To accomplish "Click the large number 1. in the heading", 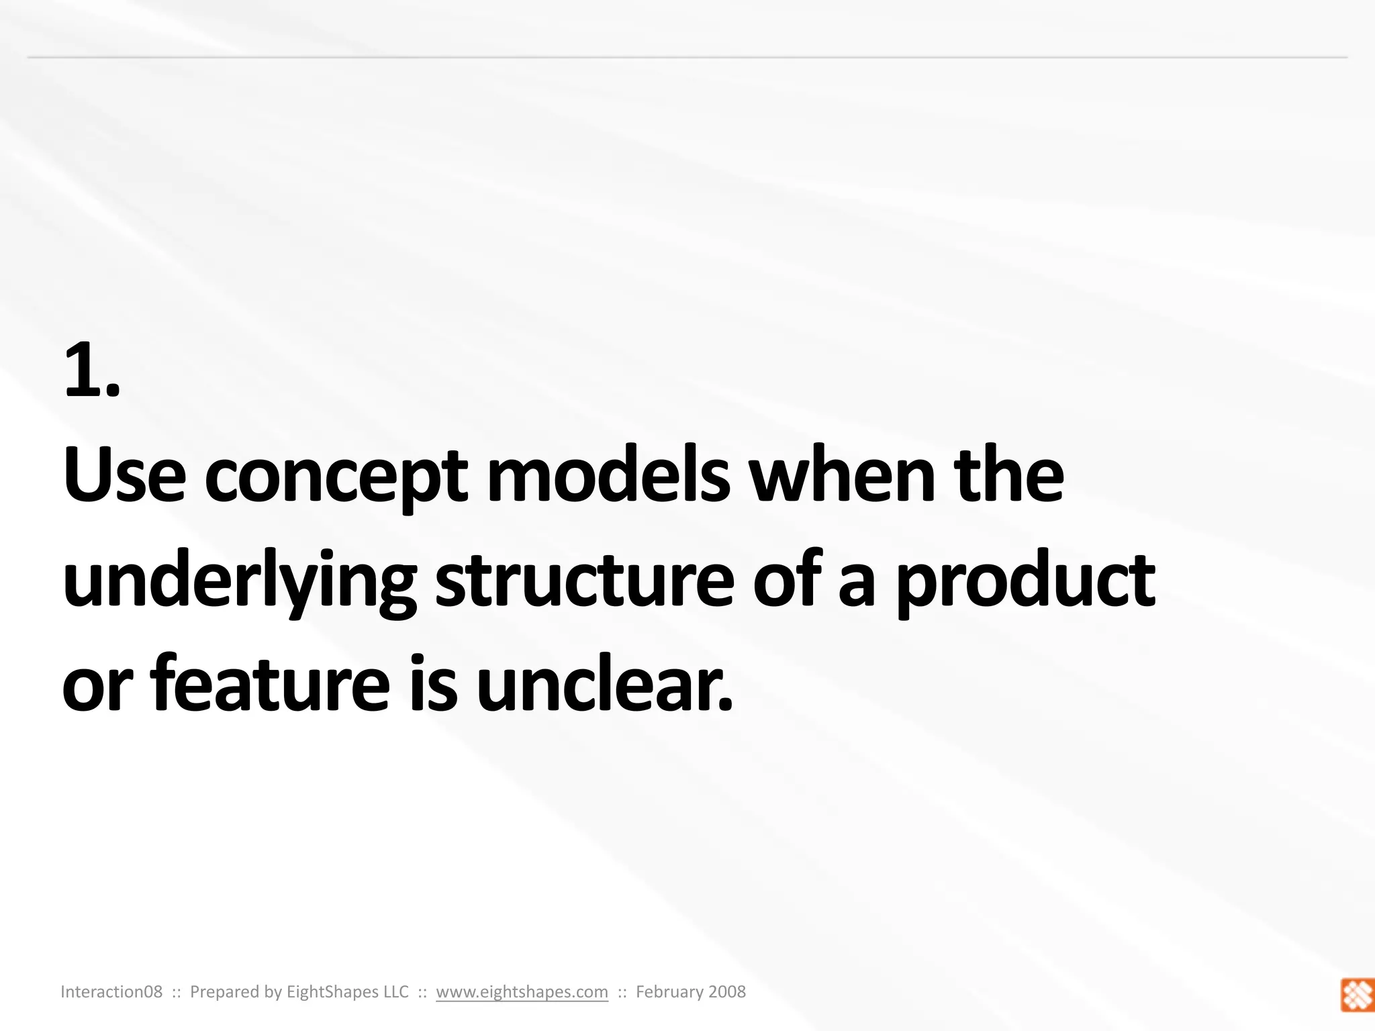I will tap(92, 370).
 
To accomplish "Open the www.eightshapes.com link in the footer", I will tap(522, 992).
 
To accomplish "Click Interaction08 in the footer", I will tap(111, 992).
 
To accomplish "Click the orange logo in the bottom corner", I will tap(1357, 995).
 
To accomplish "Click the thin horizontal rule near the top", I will tap(687, 58).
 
